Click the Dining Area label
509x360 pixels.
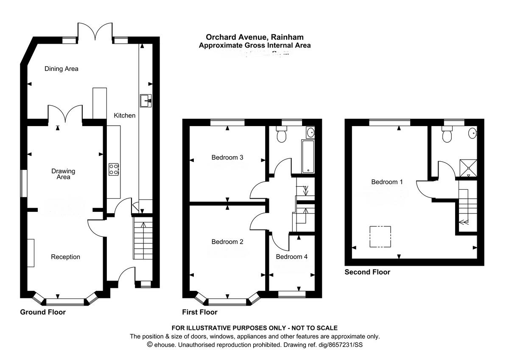pos(62,69)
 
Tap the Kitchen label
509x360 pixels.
pos(125,115)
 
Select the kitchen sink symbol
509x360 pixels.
pos(145,101)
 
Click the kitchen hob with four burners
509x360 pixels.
pos(114,169)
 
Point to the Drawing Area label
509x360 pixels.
pos(63,174)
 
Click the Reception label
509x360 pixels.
pos(65,257)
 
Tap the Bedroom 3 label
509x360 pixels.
pos(227,157)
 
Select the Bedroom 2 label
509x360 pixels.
pos(227,242)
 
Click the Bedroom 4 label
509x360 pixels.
pos(292,257)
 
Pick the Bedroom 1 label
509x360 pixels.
pos(387,182)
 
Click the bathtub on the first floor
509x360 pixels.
pos(308,157)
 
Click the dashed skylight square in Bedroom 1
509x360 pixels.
pos(380,236)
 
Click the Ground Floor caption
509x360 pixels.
pos(43,312)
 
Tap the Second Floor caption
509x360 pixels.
pos(367,272)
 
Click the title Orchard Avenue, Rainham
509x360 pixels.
pos(255,38)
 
